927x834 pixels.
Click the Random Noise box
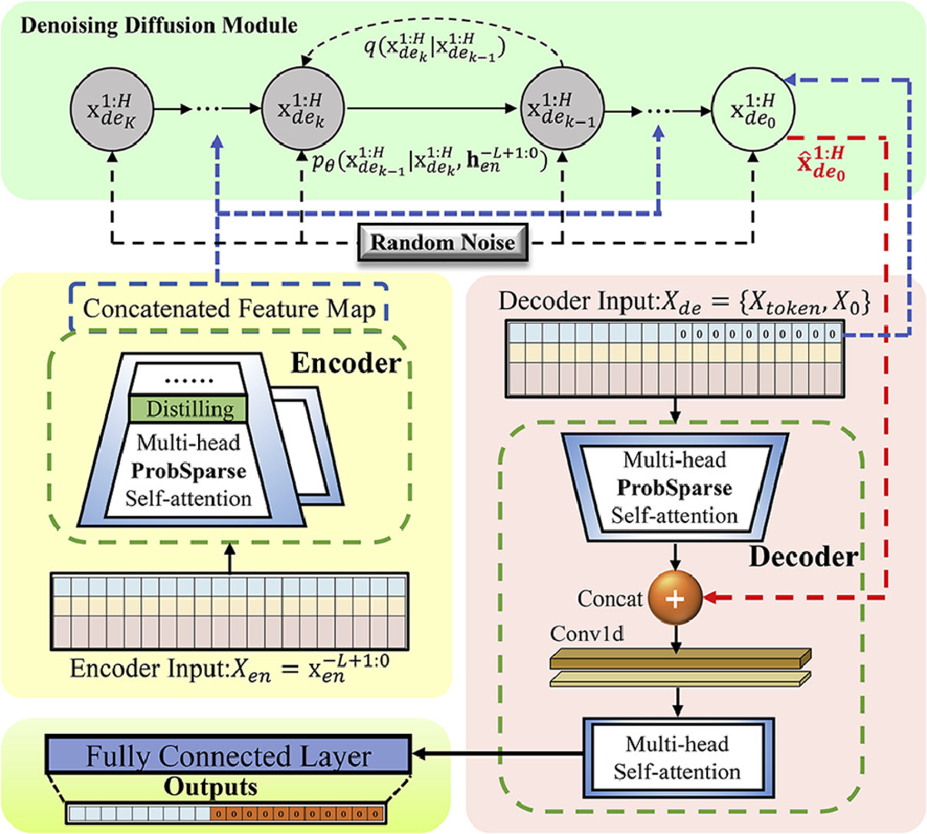click(443, 242)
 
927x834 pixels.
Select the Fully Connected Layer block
click(228, 756)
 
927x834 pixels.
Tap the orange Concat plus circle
click(675, 598)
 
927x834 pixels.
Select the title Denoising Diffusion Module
click(159, 25)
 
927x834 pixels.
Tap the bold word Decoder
click(803, 556)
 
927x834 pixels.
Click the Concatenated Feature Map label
click(229, 309)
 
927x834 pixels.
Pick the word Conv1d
click(587, 634)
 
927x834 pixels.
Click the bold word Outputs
click(210, 788)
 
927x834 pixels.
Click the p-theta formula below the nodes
click(430, 161)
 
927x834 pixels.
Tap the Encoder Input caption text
click(229, 666)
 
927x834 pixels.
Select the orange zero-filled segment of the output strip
click(296, 813)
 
